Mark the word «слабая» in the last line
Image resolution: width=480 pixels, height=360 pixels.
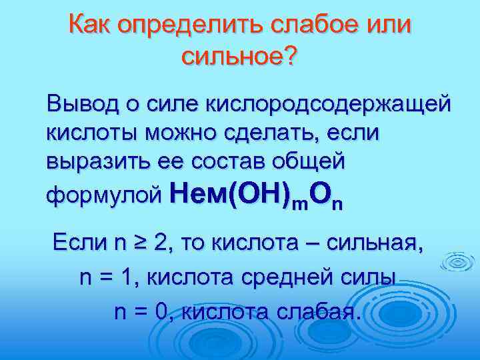click(321, 312)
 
